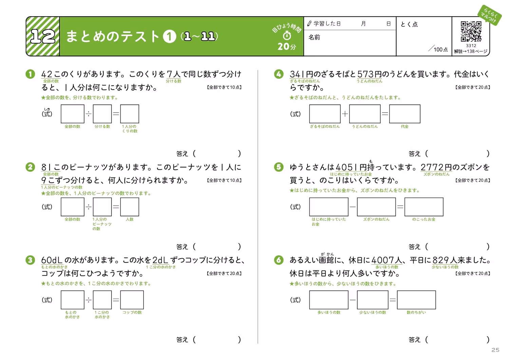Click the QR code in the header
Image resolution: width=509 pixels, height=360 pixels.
pyautogui.click(x=471, y=31)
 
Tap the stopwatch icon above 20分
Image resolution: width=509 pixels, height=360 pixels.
pyautogui.click(x=287, y=35)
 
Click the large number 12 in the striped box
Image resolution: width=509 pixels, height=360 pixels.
pyautogui.click(x=43, y=36)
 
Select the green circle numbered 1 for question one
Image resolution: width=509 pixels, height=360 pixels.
pyautogui.click(x=30, y=74)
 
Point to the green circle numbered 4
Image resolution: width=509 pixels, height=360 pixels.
pyautogui.click(x=279, y=74)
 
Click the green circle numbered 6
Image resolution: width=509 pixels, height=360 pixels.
pyautogui.click(x=279, y=260)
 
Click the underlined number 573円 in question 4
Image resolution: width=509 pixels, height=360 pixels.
pyautogui.click(x=369, y=74)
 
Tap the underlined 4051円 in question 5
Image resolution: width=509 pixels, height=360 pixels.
pyautogui.click(x=351, y=167)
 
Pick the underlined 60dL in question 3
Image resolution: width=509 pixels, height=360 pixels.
pyautogui.click(x=52, y=260)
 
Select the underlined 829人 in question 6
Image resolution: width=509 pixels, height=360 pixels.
pyautogui.click(x=445, y=260)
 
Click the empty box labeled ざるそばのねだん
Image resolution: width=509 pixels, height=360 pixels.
pyautogui.click(x=325, y=114)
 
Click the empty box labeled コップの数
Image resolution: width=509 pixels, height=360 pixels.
pyautogui.click(x=132, y=300)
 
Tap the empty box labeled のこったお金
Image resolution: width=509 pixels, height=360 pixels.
pyautogui.click(x=424, y=207)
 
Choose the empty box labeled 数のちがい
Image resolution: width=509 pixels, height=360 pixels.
pyautogui.click(x=416, y=300)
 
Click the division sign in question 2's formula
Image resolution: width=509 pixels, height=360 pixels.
pyautogui.click(x=88, y=207)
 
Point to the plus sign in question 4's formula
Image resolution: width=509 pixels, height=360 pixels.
pyautogui.click(x=345, y=114)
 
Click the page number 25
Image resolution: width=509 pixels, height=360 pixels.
pyautogui.click(x=495, y=350)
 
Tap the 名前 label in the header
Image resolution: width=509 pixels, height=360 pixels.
pyautogui.click(x=314, y=37)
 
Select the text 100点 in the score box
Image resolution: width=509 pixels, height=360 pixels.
pyautogui.click(x=440, y=50)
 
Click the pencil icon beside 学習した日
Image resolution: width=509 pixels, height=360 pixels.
pyautogui.click(x=309, y=23)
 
